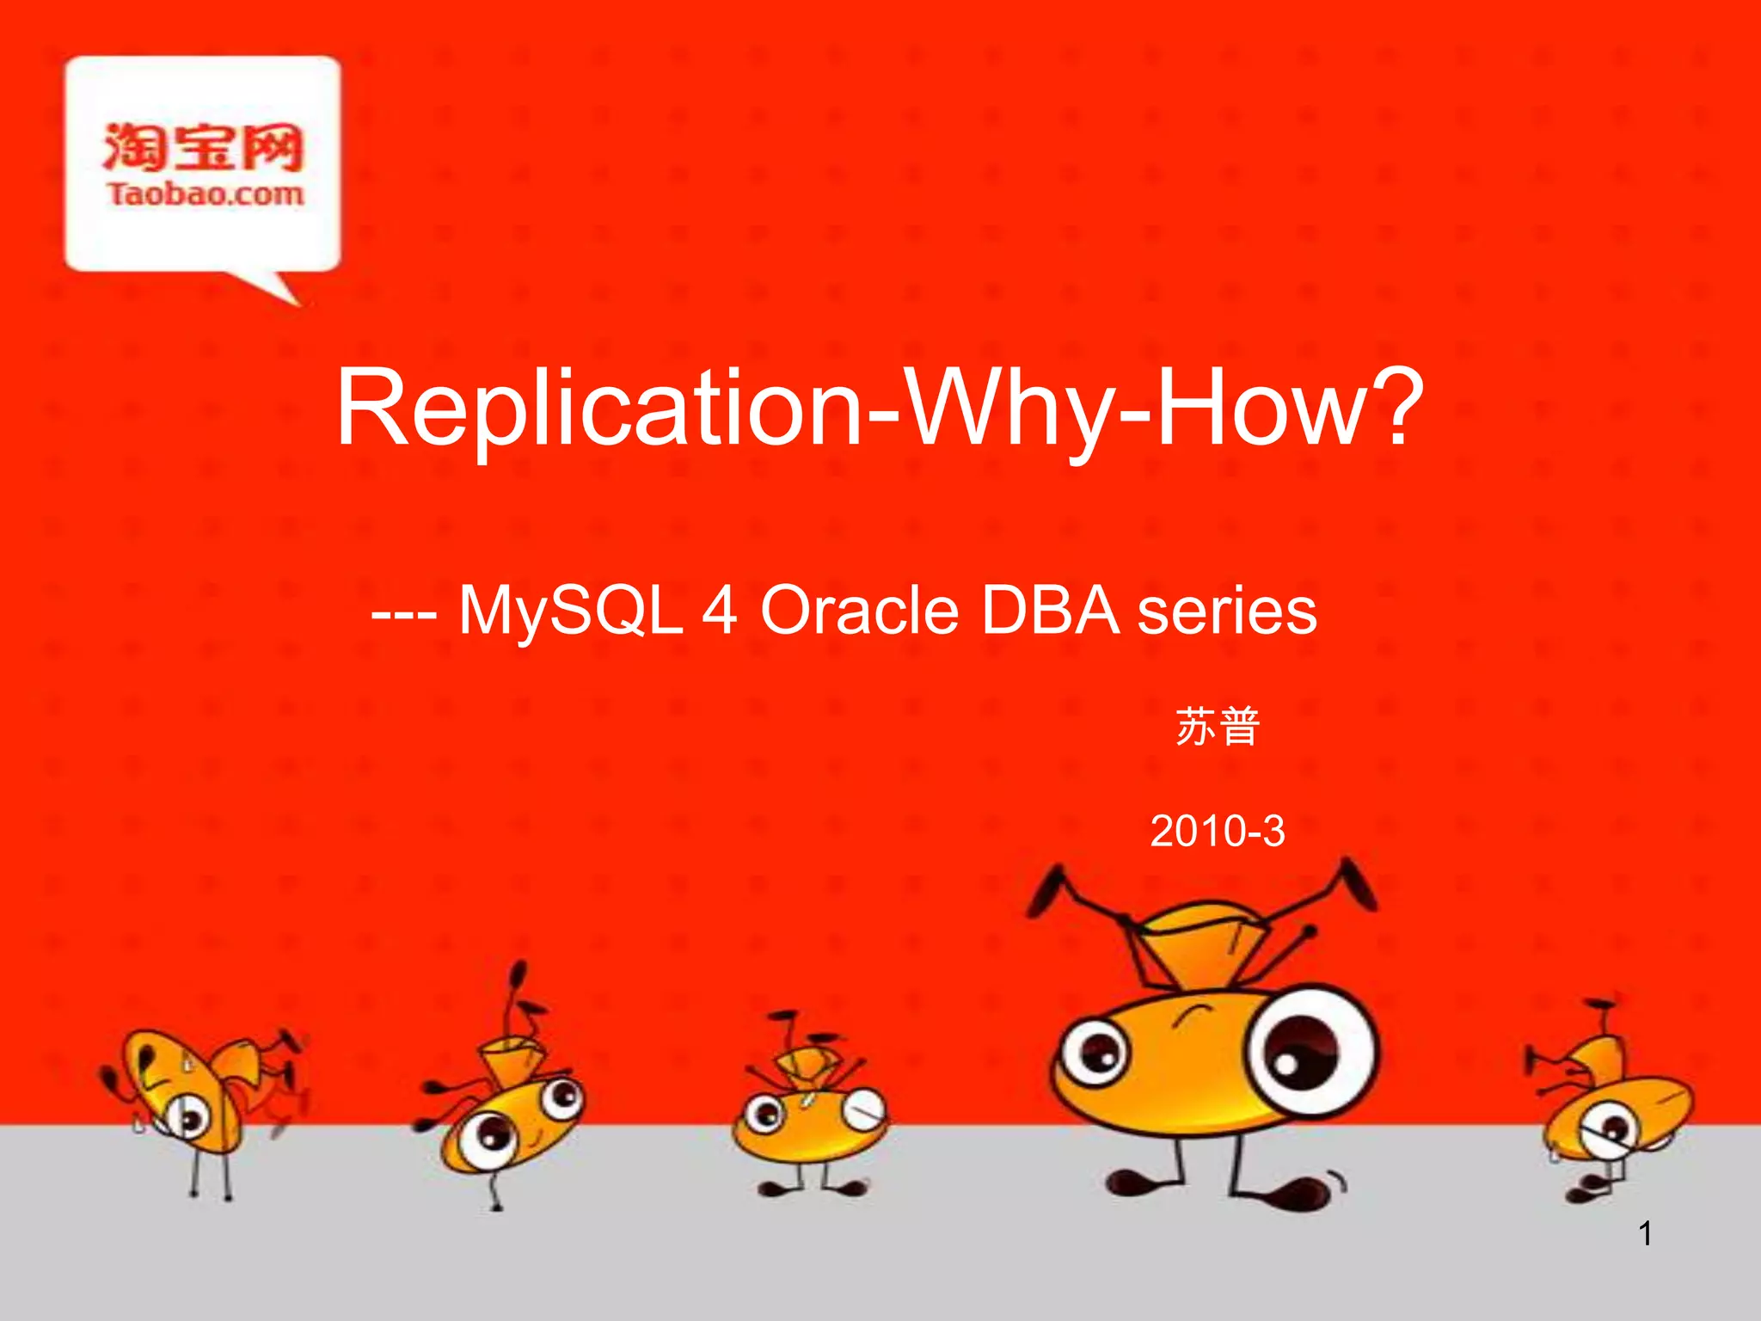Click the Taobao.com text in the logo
coord(205,194)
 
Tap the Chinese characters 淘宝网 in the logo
coord(203,146)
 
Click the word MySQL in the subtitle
coord(570,611)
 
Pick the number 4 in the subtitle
coord(720,611)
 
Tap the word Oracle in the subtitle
coord(859,611)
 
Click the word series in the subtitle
coord(1227,611)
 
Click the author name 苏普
coord(1217,727)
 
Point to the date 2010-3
coord(1217,831)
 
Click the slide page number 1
coord(1644,1234)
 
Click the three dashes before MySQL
coord(404,612)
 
